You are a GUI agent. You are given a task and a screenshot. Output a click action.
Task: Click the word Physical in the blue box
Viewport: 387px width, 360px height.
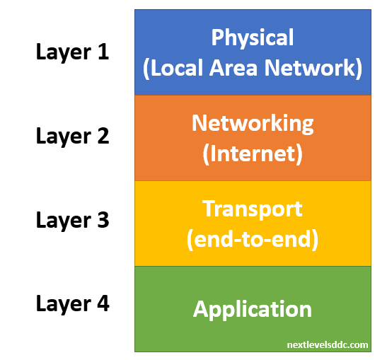[x=253, y=37]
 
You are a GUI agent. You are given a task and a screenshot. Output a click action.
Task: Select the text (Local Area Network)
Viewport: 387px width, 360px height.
[x=253, y=69]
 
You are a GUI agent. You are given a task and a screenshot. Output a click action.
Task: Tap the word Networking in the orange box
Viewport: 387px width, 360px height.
[x=253, y=124]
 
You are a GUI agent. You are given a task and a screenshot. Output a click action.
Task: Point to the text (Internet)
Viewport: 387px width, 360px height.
[x=253, y=154]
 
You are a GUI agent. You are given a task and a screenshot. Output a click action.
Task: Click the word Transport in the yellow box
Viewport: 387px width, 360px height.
[x=253, y=209]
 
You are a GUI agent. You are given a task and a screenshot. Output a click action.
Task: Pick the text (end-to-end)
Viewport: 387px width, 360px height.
[x=253, y=240]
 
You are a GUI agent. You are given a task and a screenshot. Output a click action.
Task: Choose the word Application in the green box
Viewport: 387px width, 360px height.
[x=253, y=310]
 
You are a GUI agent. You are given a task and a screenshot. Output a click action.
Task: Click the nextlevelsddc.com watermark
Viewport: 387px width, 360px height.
[x=328, y=344]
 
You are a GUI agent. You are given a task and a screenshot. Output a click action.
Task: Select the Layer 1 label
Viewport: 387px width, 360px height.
[x=72, y=52]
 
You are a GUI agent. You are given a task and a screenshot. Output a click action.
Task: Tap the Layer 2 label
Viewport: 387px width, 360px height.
[x=72, y=137]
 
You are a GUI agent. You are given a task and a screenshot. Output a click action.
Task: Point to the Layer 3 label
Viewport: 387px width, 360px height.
[x=72, y=221]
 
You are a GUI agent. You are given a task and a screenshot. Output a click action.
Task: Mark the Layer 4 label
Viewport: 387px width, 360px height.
[x=73, y=305]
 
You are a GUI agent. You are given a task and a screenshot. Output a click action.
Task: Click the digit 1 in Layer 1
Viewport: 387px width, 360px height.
[x=103, y=52]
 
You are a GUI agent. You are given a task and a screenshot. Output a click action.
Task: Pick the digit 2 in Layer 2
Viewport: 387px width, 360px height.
[x=103, y=136]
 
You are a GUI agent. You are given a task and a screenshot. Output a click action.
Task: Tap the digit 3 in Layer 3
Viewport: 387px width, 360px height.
[x=103, y=220]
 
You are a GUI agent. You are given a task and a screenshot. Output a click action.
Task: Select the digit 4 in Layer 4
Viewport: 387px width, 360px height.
[x=103, y=303]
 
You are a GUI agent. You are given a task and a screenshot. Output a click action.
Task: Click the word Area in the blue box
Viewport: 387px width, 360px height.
[x=233, y=68]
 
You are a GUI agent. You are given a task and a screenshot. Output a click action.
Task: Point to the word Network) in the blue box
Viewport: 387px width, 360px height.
[x=313, y=69]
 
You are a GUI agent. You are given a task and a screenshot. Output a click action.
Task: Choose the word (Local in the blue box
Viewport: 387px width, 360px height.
[x=173, y=69]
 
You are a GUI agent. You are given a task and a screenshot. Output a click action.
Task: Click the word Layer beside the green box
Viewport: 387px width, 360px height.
[x=64, y=306]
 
